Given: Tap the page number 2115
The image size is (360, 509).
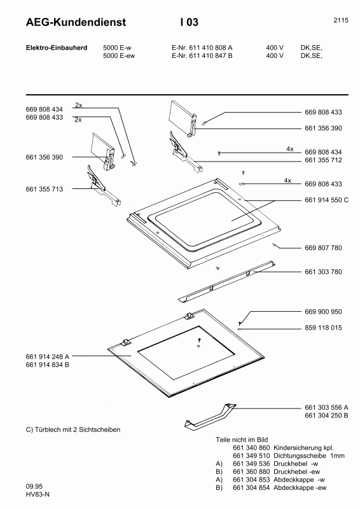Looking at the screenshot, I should click(340, 20).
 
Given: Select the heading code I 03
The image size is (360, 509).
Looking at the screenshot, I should click(189, 22).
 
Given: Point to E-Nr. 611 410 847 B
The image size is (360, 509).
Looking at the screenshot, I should click(202, 56).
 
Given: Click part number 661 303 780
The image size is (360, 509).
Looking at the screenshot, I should click(323, 272).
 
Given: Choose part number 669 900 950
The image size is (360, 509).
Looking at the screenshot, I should click(323, 312).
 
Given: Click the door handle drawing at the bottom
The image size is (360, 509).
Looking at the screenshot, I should click(210, 415).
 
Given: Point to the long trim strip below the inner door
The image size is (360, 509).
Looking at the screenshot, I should click(226, 280).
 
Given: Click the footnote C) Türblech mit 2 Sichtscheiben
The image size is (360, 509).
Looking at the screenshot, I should click(73, 429).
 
